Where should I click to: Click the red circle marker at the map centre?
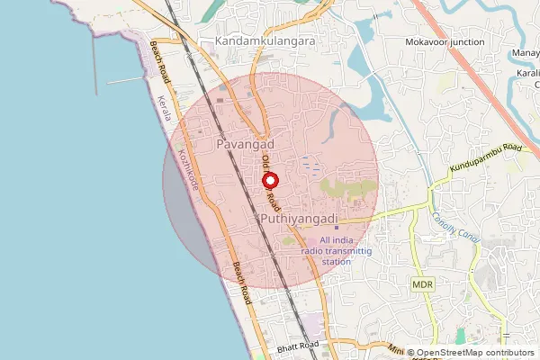[x=270, y=180]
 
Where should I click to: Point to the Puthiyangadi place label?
[x=298, y=220]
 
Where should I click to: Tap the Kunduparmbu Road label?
[x=486, y=158]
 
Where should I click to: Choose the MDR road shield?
[x=423, y=284]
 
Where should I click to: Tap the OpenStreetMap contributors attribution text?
[x=474, y=353]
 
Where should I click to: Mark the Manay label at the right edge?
[x=526, y=53]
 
